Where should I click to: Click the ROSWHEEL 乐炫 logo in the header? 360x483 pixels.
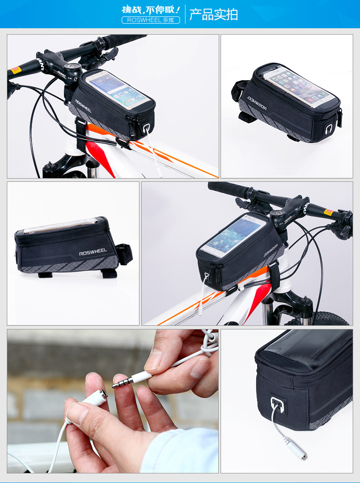point(150,20)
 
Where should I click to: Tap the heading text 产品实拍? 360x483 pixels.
point(213,15)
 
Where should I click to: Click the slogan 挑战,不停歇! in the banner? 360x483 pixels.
point(151,9)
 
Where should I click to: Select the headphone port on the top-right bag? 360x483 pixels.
point(329,130)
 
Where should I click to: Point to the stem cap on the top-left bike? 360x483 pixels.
point(72,67)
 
